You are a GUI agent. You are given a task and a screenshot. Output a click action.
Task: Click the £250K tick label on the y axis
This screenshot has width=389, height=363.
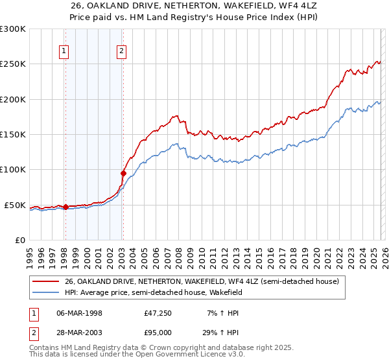click(13, 64)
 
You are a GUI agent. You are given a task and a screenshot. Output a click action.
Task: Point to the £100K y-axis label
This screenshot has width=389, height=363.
click(13, 170)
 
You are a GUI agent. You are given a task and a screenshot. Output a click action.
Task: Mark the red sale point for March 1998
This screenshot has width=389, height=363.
click(65, 207)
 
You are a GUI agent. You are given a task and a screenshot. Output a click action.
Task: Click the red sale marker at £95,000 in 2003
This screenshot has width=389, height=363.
click(123, 173)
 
